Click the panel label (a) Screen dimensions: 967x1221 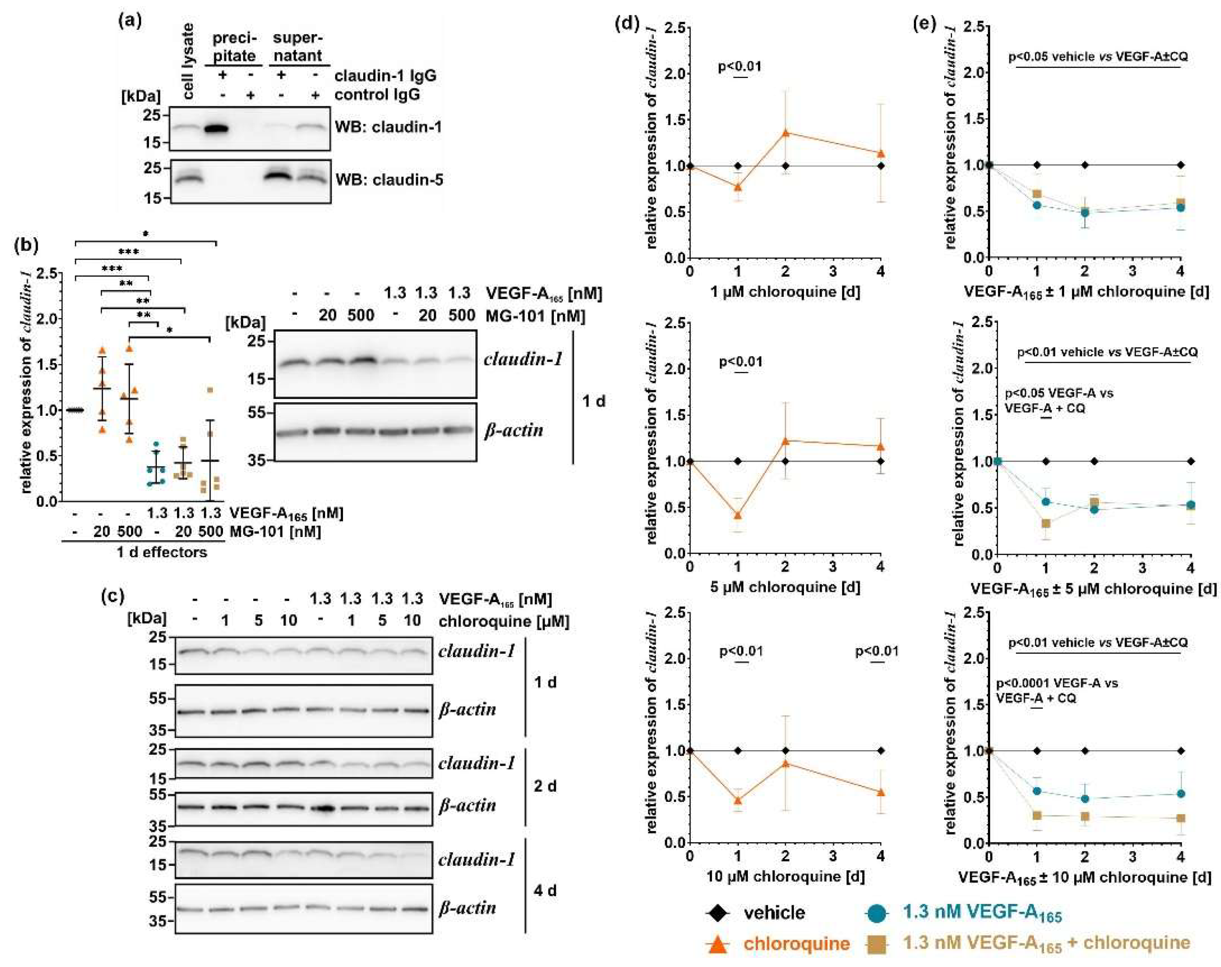130,21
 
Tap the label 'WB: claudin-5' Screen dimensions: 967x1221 389,180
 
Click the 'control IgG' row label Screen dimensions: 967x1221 377,95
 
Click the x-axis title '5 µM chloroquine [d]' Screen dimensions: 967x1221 785,587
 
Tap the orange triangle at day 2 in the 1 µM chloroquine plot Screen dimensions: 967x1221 786,133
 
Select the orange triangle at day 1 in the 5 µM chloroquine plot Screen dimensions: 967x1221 737,515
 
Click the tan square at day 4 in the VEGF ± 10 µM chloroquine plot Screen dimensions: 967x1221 1181,818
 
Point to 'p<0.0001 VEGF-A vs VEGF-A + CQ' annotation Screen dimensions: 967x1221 1056,690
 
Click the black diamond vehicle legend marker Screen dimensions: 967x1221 718,913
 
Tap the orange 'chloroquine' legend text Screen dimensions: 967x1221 796,944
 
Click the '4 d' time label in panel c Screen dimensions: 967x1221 545,890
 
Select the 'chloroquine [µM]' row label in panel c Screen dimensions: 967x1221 503,621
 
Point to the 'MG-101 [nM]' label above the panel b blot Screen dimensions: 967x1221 535,315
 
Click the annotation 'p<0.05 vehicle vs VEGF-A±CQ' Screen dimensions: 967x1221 1097,56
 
